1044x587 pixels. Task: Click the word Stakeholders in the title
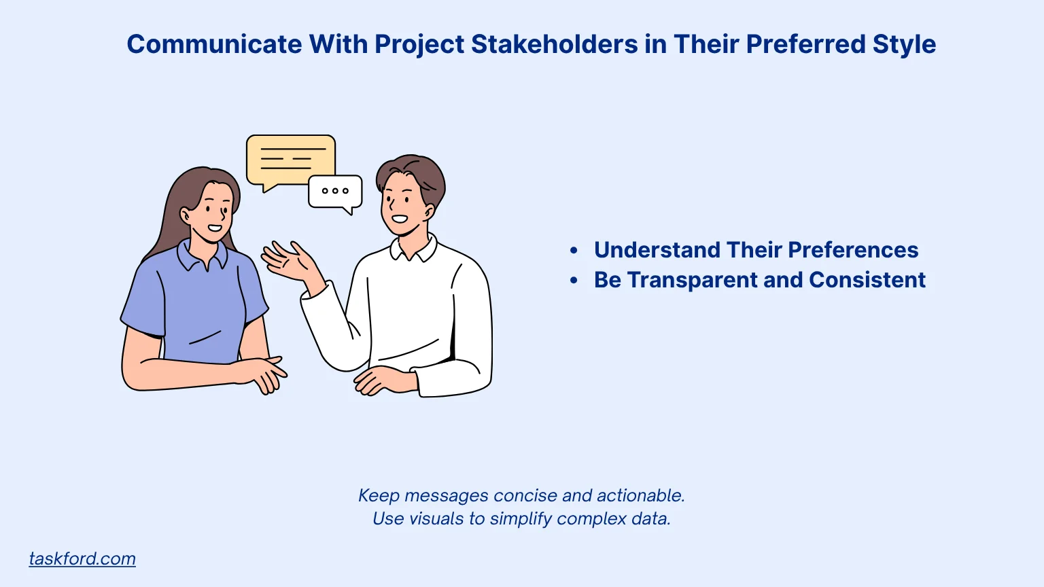[x=554, y=44]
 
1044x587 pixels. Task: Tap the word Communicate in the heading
[x=214, y=44]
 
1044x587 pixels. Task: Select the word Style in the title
[x=904, y=44]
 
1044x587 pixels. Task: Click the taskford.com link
[x=82, y=558]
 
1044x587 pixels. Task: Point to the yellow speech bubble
[x=291, y=159]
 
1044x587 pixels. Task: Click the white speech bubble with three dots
[x=335, y=192]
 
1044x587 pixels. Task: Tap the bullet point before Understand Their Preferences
[x=574, y=251]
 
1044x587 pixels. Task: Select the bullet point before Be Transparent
[x=574, y=281]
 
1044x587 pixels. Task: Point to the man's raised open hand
[x=289, y=262]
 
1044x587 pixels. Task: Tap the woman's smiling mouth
[x=215, y=228]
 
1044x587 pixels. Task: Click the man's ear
[x=429, y=212]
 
